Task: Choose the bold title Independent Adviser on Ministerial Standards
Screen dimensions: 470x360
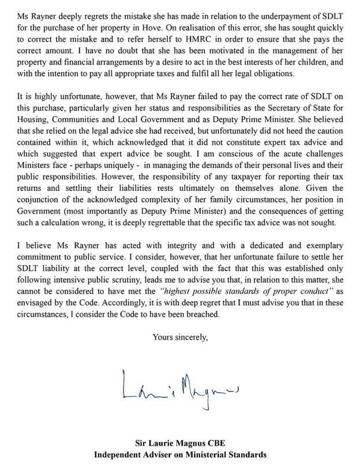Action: [x=180, y=455]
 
